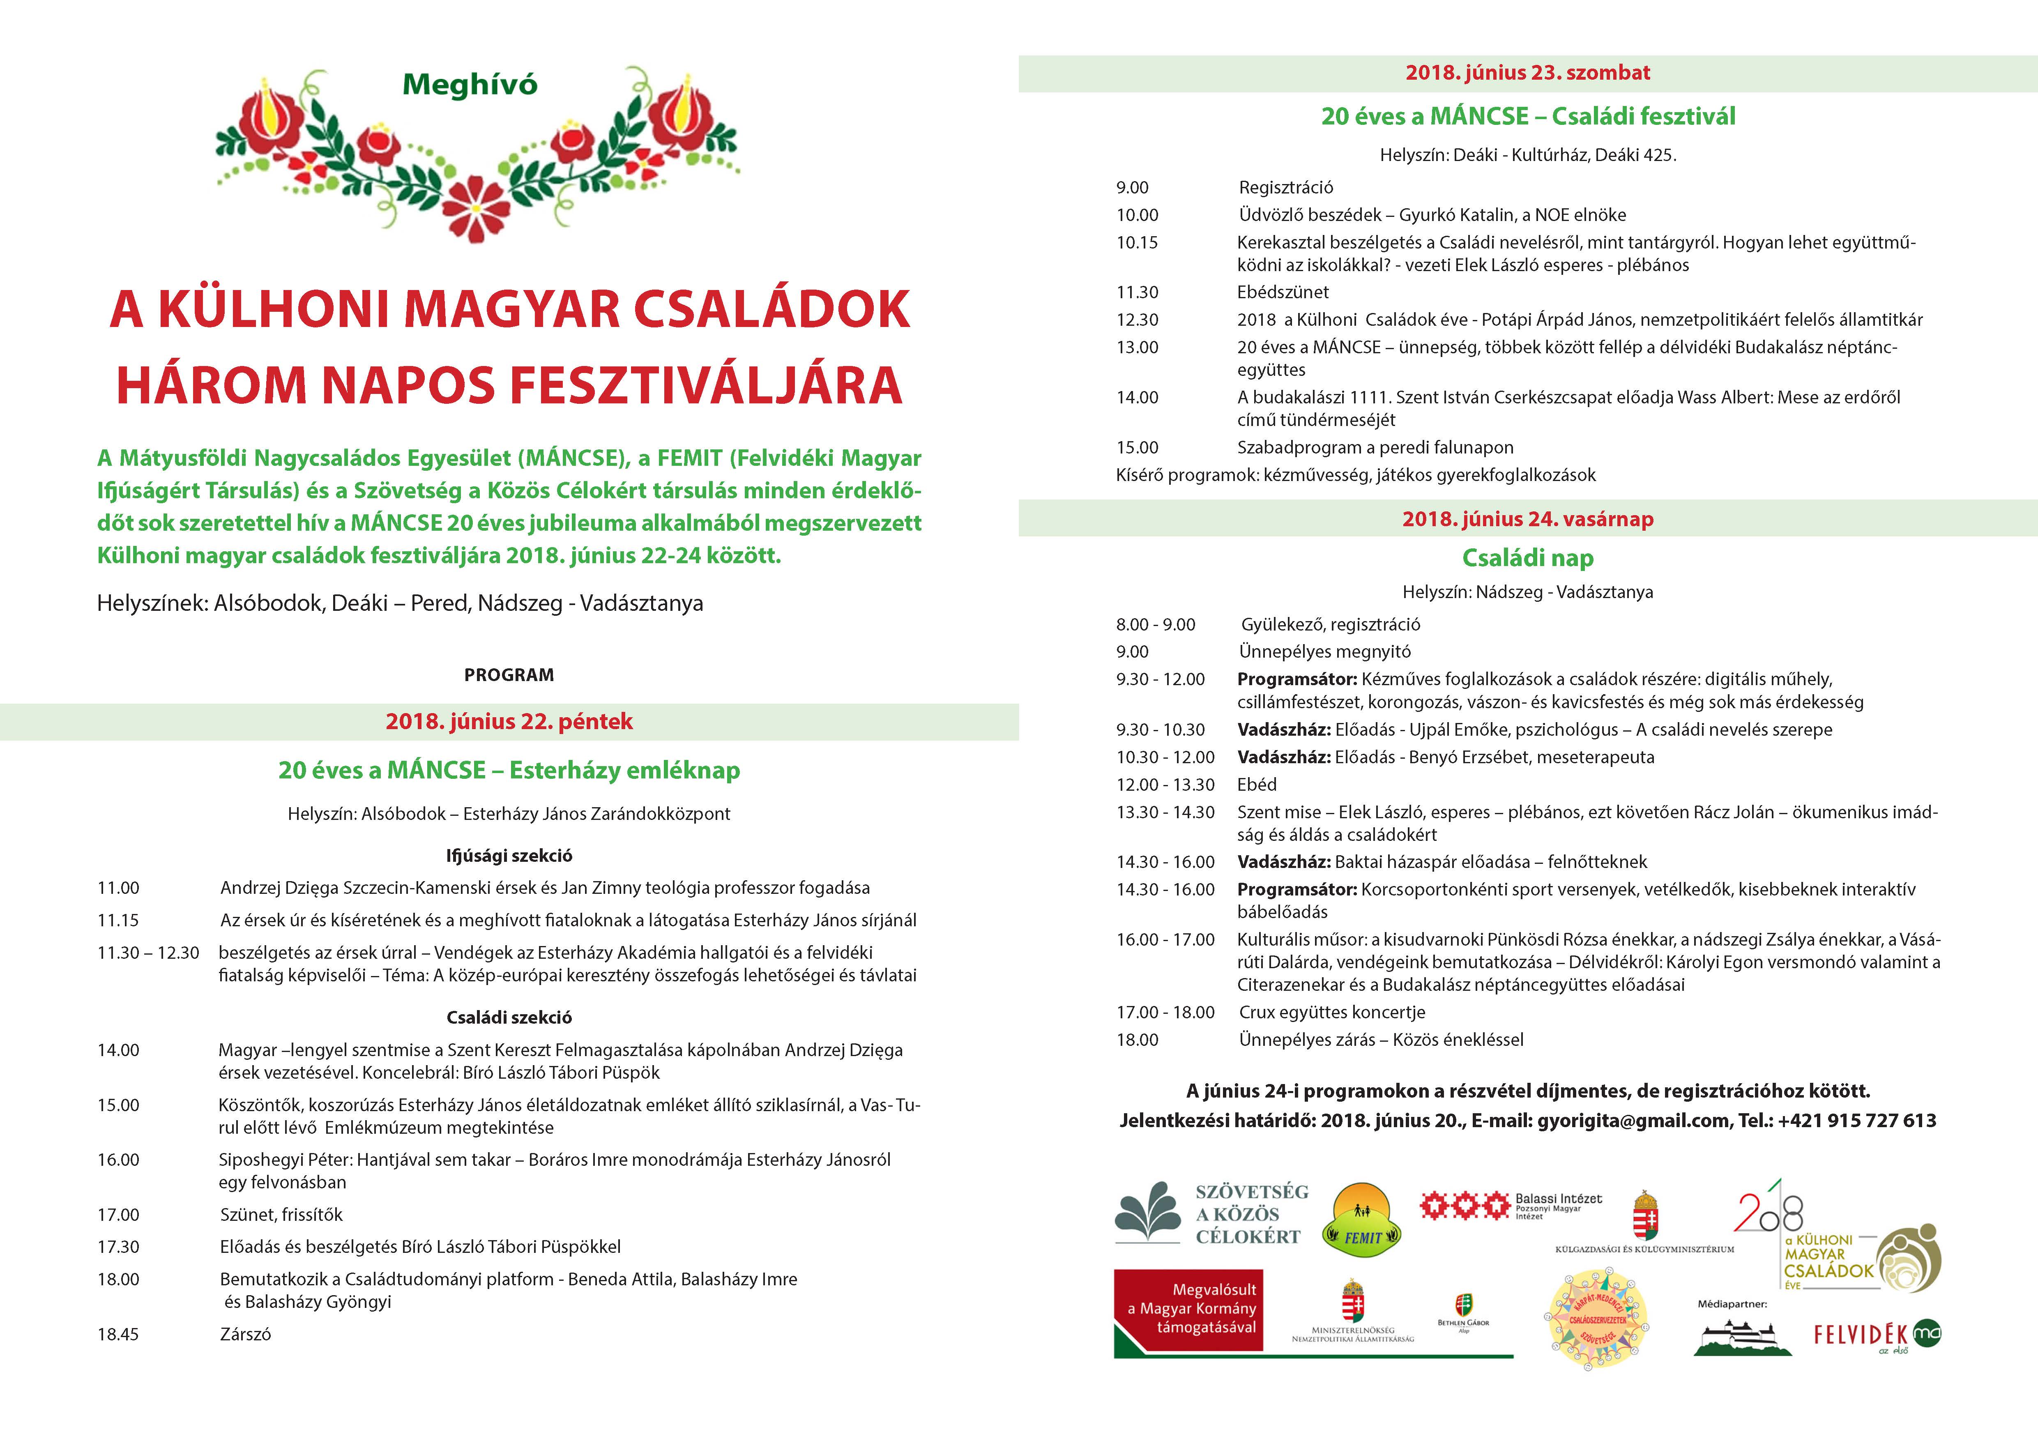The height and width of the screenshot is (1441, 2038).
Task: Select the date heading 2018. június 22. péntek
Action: coord(509,721)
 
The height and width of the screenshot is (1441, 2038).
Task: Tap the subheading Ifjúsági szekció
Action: coord(509,855)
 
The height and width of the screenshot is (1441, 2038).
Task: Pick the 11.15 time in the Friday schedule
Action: coord(118,920)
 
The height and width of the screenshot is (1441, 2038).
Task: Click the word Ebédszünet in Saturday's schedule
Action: coord(1283,292)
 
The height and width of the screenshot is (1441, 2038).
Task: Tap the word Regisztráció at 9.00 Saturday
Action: coord(1286,187)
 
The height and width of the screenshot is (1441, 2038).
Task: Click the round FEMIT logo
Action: coord(1363,1220)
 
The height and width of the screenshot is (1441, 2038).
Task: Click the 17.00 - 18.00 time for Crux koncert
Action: coord(1165,1013)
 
